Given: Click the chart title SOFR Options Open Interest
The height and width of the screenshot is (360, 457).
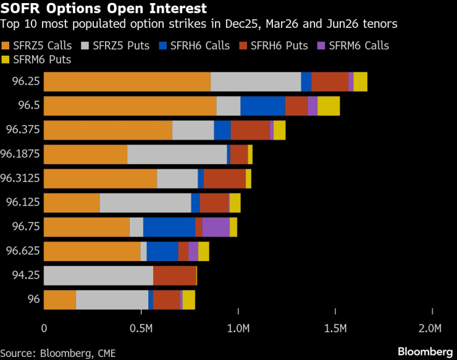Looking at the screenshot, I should click(104, 9).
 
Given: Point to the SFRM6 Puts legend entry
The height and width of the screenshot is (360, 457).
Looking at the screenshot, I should click(41, 59).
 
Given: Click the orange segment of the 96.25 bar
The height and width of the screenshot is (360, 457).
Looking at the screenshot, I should click(127, 82).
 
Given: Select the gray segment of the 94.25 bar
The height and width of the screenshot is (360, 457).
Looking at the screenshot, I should click(98, 275).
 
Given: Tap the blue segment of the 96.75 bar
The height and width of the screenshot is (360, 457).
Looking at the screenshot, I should click(169, 227).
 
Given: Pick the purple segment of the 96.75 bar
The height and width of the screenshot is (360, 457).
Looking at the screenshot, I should click(216, 227).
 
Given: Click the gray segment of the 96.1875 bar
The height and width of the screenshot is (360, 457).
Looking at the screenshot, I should click(177, 154).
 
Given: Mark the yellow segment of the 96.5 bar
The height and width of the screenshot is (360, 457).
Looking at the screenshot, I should click(329, 106).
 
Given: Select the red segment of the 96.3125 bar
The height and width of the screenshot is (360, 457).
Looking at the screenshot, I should click(225, 178).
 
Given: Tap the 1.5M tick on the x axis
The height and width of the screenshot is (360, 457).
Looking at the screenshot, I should click(335, 327).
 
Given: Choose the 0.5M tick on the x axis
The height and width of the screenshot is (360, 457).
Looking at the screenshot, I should click(141, 327).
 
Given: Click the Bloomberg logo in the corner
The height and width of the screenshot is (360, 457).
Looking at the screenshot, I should click(424, 351).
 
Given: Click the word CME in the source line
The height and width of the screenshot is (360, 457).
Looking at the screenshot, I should click(104, 353).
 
